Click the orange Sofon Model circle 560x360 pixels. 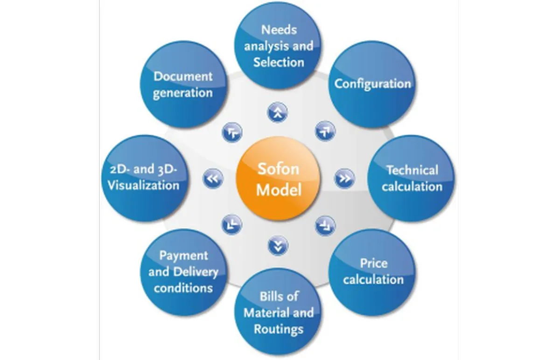coord(279,179)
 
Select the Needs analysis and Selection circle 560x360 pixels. coord(279,45)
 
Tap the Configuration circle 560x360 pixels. coord(372,84)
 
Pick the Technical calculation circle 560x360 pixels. coord(411,178)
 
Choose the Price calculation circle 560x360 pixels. coord(372,271)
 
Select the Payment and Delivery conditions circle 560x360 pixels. coord(183,271)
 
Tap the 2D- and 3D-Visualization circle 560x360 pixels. coord(144,178)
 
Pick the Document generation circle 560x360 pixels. coord(183,84)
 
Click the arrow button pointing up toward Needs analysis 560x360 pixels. coord(278,112)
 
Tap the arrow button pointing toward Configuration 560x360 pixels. coord(325,131)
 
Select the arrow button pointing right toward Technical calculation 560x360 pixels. coord(344,179)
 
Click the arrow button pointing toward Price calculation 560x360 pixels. coord(325,225)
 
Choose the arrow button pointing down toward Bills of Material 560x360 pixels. coord(278,245)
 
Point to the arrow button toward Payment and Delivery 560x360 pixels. coord(231,225)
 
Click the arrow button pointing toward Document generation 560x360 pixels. coord(231,132)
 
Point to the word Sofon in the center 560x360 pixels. coord(279,169)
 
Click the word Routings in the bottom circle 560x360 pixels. coord(279,329)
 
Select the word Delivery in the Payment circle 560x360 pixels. coord(195,272)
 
